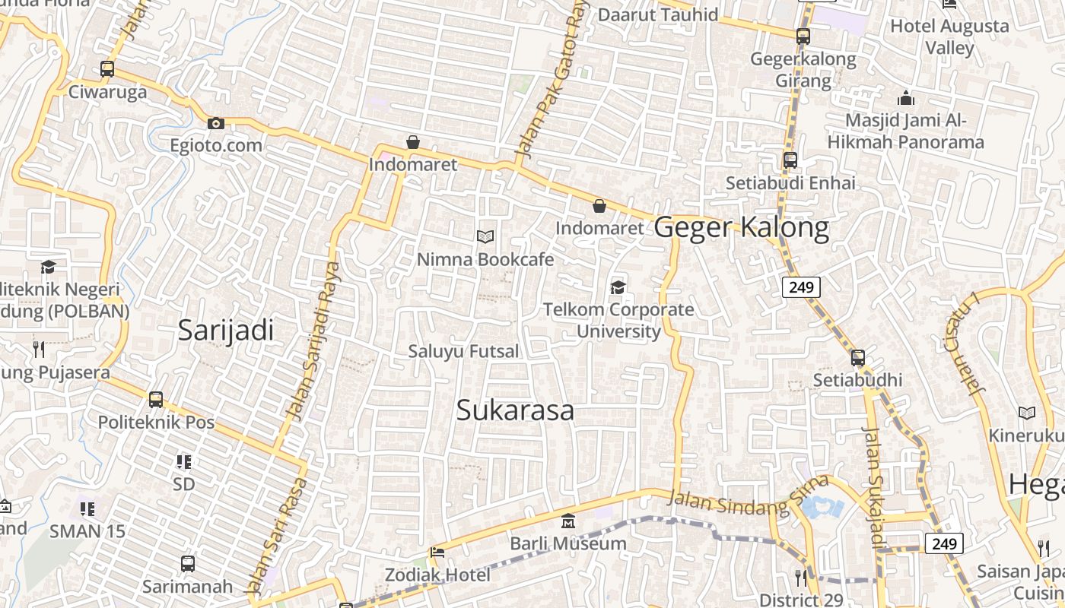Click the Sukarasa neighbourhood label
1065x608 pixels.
[x=515, y=410]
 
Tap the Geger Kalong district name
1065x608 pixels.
[x=741, y=227]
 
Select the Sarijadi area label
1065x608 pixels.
[x=225, y=330]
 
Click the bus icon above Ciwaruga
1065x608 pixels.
[x=107, y=69]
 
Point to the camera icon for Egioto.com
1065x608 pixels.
[x=216, y=123]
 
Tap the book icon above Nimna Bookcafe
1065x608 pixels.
[x=485, y=237]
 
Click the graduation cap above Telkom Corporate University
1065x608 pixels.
[x=618, y=287]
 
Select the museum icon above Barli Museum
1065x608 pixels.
[x=567, y=521]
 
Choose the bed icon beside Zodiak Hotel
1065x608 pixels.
[x=437, y=553]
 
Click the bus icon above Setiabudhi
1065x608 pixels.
[x=857, y=357]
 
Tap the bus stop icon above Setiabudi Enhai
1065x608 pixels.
[x=790, y=160]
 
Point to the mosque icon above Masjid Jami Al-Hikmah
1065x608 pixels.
[x=905, y=98]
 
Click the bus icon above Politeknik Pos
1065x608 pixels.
[x=156, y=399]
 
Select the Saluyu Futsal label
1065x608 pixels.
[x=463, y=351]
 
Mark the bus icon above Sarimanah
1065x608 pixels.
[x=188, y=564]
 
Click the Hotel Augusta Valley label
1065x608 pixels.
[x=949, y=36]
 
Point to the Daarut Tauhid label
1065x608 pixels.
[x=657, y=14]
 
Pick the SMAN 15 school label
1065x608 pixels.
[x=87, y=530]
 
